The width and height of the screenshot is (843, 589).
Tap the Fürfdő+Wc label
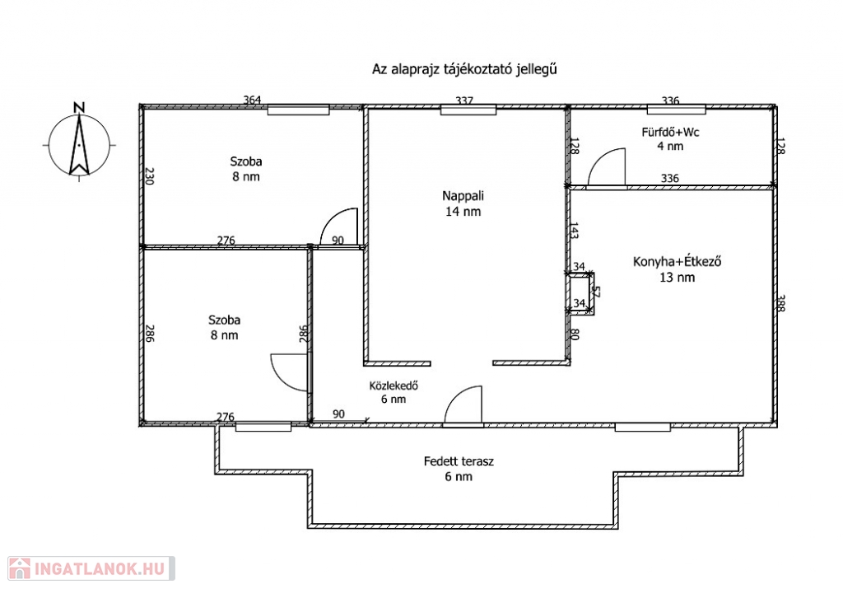(x=670, y=132)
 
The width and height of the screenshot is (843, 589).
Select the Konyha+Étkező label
(x=677, y=262)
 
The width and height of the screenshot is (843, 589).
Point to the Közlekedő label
(x=394, y=386)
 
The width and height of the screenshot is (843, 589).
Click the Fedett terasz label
(x=459, y=461)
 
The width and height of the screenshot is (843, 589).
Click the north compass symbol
(x=79, y=145)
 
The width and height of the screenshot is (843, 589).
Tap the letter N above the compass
(x=79, y=108)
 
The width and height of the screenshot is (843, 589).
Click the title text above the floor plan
(x=464, y=69)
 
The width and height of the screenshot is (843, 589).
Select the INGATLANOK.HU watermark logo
(x=91, y=568)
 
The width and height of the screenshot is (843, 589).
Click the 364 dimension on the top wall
(x=252, y=100)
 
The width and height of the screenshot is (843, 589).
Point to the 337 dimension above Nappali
(x=464, y=101)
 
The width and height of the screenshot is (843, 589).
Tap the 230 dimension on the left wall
(x=150, y=176)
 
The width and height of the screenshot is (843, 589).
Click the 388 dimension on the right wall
(x=781, y=303)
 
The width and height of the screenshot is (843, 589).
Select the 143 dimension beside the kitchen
(x=574, y=231)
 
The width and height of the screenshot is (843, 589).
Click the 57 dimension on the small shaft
(x=595, y=292)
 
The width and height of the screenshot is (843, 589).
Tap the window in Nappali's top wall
(x=468, y=110)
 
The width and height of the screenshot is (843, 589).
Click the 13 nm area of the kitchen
(x=677, y=278)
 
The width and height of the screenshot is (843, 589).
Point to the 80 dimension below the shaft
(x=574, y=334)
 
